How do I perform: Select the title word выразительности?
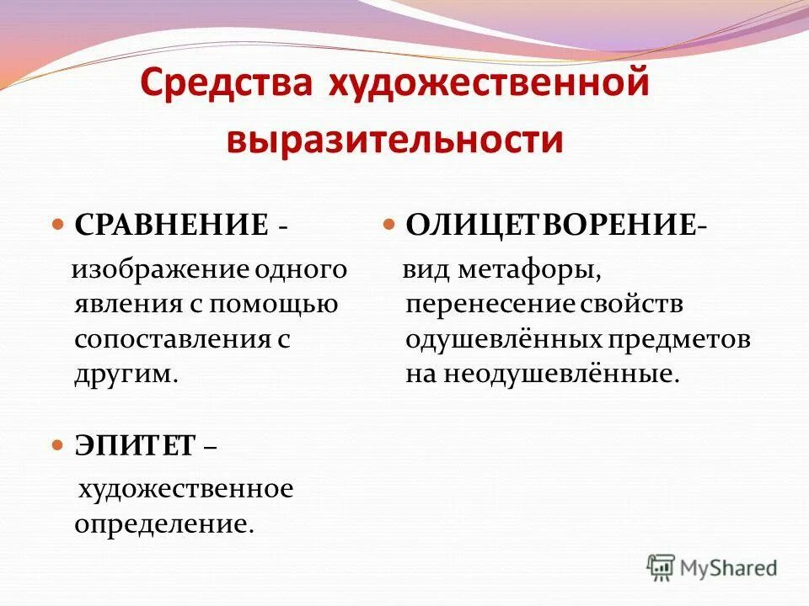(394, 139)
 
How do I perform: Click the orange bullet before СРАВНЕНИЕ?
(58, 226)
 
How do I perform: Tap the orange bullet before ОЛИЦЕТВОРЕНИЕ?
(389, 226)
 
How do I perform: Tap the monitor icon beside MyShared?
(662, 567)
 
